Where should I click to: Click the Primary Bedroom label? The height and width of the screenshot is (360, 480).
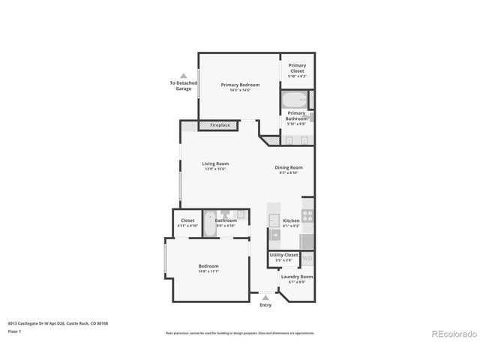click(x=240, y=85)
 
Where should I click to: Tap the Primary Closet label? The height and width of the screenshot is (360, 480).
click(x=297, y=66)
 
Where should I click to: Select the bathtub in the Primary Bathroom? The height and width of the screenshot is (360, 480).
click(x=293, y=99)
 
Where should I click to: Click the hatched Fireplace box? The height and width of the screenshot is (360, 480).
click(x=220, y=124)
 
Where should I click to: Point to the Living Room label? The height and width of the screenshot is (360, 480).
click(x=216, y=163)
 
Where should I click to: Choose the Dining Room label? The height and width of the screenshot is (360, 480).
click(x=289, y=167)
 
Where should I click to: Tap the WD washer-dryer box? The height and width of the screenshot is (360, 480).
click(x=307, y=259)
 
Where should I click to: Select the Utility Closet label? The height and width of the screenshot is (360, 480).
click(x=284, y=255)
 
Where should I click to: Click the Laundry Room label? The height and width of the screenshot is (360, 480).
click(x=297, y=277)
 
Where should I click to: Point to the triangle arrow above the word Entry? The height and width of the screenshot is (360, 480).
click(x=265, y=297)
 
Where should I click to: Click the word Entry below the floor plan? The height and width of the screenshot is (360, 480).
click(x=265, y=305)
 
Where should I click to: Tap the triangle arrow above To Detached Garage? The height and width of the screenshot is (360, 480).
click(x=184, y=76)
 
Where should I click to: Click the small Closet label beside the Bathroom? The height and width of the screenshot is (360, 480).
click(x=187, y=220)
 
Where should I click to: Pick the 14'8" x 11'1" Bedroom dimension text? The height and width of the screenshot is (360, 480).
click(x=208, y=271)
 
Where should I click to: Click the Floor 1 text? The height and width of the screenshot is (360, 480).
click(x=15, y=331)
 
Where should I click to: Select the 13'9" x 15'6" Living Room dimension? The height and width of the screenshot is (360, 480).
click(x=216, y=169)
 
